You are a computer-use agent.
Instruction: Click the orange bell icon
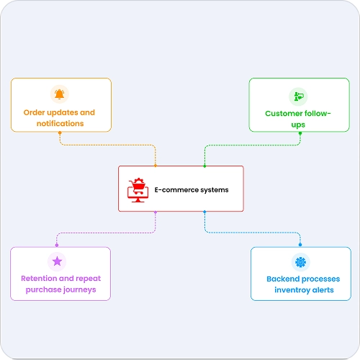59,94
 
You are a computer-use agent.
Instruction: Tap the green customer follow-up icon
299,96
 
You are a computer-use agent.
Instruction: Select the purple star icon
57,261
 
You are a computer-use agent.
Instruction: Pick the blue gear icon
300,262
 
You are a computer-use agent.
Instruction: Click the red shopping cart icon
138,190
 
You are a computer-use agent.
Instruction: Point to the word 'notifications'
60,123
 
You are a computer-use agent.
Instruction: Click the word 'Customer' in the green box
282,113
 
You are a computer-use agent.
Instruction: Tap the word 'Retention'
39,279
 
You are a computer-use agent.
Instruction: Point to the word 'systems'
215,190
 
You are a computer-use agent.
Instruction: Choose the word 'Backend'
283,279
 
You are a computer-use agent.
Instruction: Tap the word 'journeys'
80,290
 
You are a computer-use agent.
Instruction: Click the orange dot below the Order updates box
60,132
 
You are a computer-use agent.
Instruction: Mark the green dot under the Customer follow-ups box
300,133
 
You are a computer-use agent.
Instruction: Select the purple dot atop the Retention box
57,245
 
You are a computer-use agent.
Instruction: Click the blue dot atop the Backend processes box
300,245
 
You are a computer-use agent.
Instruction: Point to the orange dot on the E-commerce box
156,166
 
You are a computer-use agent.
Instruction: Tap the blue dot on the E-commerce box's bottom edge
204,212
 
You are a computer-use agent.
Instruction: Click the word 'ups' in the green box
298,125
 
